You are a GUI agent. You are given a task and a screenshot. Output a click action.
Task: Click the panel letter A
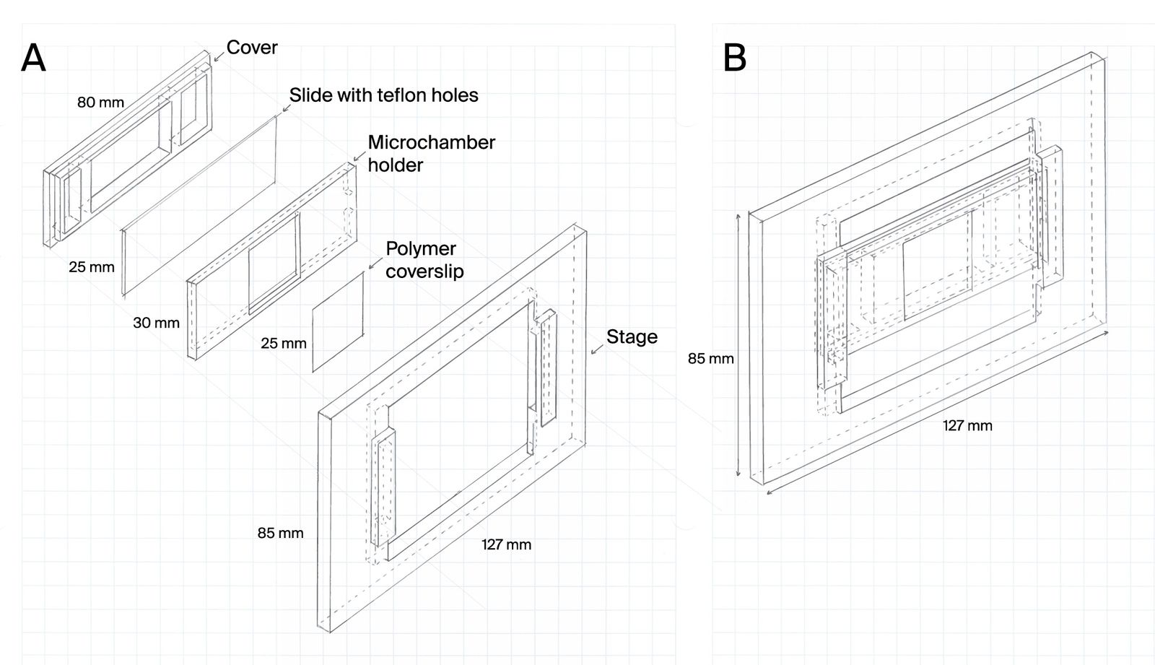point(33,58)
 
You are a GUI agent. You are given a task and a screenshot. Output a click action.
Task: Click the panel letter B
point(734,58)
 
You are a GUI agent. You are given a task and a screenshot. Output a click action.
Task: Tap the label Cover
point(252,48)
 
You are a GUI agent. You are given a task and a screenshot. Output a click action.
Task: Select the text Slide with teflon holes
point(383,95)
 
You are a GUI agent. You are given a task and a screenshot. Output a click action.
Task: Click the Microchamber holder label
point(431,153)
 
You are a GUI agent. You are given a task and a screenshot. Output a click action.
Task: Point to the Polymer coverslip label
point(424,260)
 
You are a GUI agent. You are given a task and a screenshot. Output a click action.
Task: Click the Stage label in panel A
point(632,337)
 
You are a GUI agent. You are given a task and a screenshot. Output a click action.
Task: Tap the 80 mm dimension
point(100,103)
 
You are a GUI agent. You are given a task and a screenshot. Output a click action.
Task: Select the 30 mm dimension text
point(156,323)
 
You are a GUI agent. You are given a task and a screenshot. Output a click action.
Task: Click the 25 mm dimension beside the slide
point(92,267)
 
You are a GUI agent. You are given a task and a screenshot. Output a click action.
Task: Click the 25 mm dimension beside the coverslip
point(284,344)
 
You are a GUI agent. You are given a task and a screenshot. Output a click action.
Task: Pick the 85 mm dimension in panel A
point(280,534)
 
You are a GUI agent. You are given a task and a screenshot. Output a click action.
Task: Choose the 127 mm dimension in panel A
point(506,544)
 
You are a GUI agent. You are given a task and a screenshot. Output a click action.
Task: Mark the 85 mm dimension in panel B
point(710,358)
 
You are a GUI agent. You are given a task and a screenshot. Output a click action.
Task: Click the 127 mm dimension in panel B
point(967,425)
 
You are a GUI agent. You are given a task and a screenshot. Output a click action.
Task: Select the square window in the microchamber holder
point(274,264)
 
